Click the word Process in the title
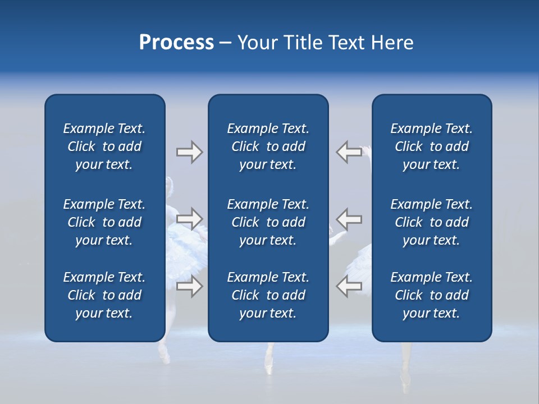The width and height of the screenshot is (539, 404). [176, 43]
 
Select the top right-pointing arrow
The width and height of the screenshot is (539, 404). [190, 152]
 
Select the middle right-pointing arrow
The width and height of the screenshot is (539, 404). [190, 218]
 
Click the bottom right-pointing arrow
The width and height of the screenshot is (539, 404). [190, 286]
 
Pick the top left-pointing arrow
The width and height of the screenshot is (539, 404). [349, 152]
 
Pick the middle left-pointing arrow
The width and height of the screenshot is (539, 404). [349, 218]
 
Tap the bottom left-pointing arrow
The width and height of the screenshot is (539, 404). [349, 286]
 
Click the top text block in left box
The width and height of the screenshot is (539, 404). [104, 146]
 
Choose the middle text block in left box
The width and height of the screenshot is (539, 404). [104, 222]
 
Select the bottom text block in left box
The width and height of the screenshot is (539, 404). [104, 295]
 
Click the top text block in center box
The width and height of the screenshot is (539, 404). [268, 146]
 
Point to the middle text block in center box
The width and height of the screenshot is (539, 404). [268, 222]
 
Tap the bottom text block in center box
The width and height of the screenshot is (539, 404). [268, 295]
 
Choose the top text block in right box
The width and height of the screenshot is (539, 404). [431, 146]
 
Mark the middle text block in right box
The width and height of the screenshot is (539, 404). [431, 222]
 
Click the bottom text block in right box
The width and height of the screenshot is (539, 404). [431, 295]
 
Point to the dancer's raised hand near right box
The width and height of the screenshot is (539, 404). [366, 151]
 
